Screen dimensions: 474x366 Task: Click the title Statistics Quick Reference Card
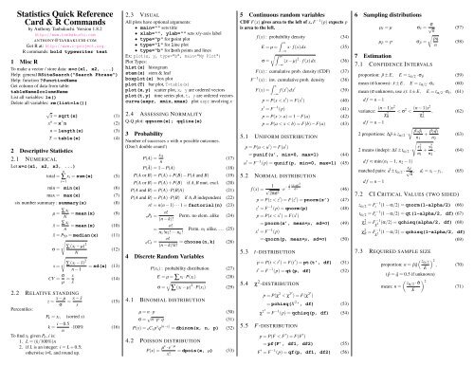coord(60,16)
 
